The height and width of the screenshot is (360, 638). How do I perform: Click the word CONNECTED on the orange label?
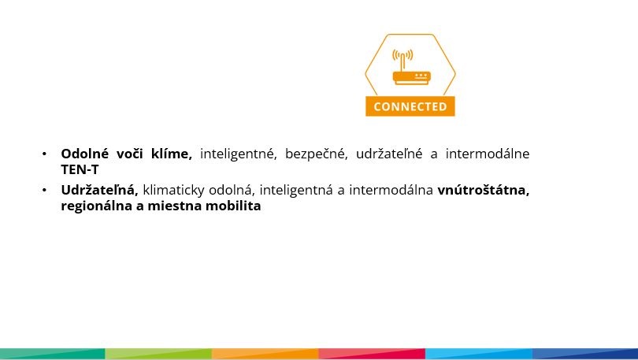pyautogui.click(x=410, y=106)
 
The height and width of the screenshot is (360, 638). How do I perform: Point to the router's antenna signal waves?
pyautogui.click(x=402, y=54)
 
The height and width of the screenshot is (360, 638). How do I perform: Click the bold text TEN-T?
pyautogui.click(x=80, y=169)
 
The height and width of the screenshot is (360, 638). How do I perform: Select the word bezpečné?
pyautogui.click(x=316, y=154)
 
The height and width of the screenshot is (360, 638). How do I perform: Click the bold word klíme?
pyautogui.click(x=171, y=154)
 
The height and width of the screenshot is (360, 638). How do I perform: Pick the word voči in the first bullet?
pyautogui.click(x=129, y=154)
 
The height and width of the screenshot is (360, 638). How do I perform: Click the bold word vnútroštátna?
pyautogui.click(x=484, y=190)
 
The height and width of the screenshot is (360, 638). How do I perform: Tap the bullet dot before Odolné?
pyautogui.click(x=44, y=154)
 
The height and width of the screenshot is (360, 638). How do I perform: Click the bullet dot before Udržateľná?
pyautogui.click(x=44, y=191)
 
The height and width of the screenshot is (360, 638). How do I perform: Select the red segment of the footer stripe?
pyautogui.click(x=372, y=354)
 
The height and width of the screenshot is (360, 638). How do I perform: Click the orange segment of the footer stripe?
pyautogui.click(x=265, y=354)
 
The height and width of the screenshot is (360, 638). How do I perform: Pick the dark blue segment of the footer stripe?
pyautogui.click(x=585, y=354)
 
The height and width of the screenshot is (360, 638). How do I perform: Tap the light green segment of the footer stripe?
pyautogui.click(x=158, y=354)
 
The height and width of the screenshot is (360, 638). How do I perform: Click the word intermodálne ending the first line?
pyautogui.click(x=488, y=154)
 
